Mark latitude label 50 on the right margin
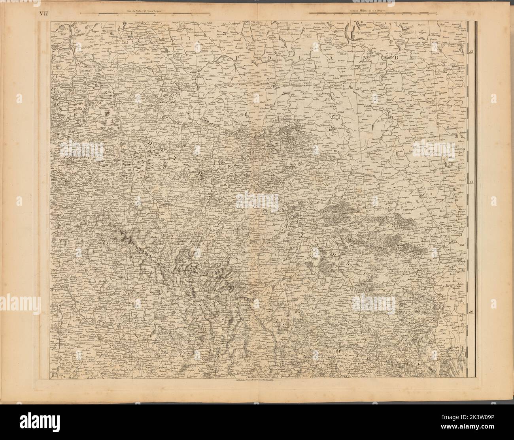tap(471, 312)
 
